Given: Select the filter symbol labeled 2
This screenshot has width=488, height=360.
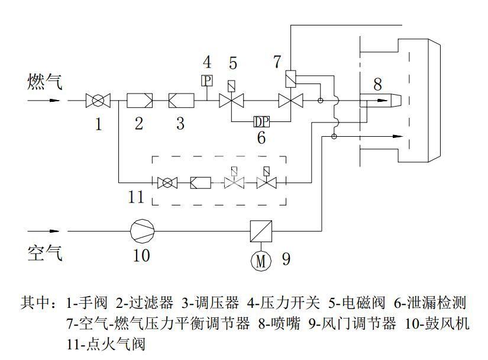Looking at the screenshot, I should (140, 101).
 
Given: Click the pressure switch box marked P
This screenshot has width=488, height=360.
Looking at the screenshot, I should (207, 80).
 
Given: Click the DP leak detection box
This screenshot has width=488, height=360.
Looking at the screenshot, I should (261, 121).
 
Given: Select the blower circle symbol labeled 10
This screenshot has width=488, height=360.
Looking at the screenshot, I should (141, 230).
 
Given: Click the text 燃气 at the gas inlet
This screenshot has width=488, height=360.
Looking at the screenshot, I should (43, 82).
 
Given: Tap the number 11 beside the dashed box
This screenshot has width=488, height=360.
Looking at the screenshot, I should (136, 196).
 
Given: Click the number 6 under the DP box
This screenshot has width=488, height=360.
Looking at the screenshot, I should (261, 138).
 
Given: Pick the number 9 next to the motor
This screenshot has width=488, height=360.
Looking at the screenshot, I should (286, 259).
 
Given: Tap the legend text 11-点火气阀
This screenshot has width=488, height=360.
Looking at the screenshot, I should (106, 343).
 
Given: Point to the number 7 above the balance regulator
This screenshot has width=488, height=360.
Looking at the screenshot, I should (277, 61).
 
